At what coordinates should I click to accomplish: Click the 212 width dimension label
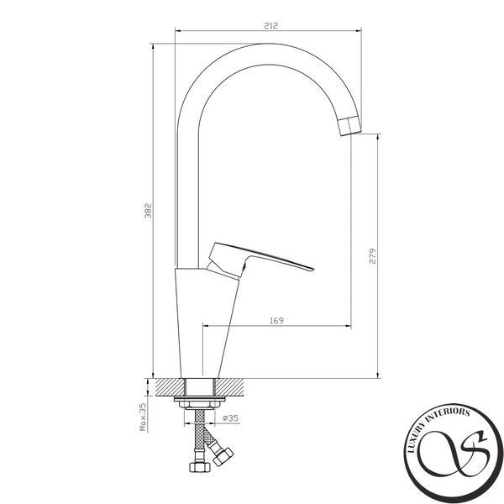coord(270,25)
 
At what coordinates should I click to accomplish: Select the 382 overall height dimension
coord(148,211)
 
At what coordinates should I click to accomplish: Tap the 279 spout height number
coord(372,256)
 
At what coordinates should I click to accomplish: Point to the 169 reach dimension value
coord(276,321)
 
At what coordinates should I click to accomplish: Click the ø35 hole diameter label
coord(230,417)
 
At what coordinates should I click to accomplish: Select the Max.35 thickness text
coord(143,417)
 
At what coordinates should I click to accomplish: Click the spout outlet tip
coord(350,126)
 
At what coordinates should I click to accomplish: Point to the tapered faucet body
coord(206,323)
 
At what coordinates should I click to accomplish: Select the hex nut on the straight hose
coord(200,466)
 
